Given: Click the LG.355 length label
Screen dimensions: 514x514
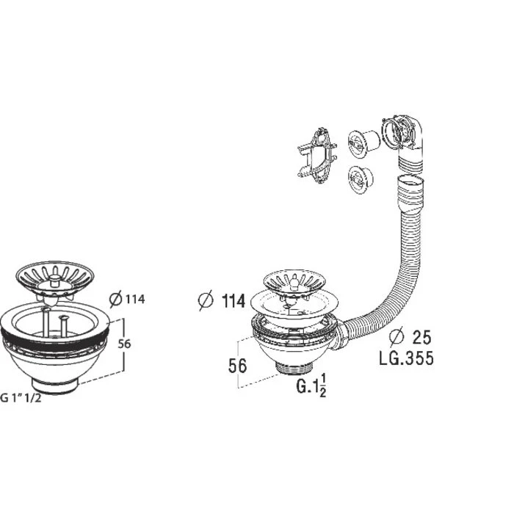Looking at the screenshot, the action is point(406,358).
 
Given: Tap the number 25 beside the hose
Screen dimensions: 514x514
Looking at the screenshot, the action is point(421,337).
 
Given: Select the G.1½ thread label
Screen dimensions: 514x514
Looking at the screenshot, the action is point(311,385).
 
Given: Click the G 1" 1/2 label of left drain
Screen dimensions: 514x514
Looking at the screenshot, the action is point(21,398).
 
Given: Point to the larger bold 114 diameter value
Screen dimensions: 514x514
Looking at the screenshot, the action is point(234,300).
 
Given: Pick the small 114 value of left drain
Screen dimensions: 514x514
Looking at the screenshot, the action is point(135,299).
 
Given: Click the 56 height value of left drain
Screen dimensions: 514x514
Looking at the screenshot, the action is point(124,344).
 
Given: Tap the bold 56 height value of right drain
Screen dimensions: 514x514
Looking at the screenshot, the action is point(237,366).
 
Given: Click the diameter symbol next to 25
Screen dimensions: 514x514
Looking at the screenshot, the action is point(397,337).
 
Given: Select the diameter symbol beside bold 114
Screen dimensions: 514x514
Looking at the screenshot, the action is point(206,300).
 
